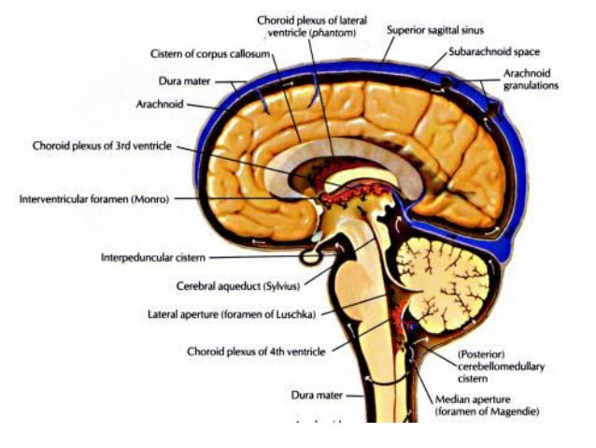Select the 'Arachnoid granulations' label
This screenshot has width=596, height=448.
[531, 79]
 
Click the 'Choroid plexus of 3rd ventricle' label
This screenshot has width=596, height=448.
[102, 146]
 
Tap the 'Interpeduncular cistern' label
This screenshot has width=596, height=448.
[154, 257]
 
